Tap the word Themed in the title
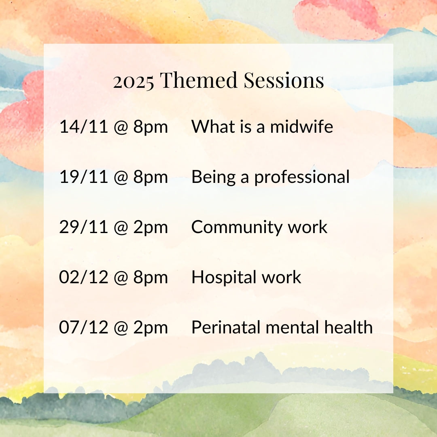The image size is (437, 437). (x=198, y=80)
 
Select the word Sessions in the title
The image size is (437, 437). (x=284, y=80)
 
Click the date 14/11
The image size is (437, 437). (x=83, y=127)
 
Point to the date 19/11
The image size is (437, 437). (x=83, y=177)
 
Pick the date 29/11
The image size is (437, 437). (x=83, y=227)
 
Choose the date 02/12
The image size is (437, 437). (x=83, y=277)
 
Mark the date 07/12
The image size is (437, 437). (x=83, y=327)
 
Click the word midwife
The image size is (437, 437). (x=301, y=126)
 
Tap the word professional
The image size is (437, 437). (x=302, y=177)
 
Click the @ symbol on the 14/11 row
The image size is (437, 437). (x=121, y=127)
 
